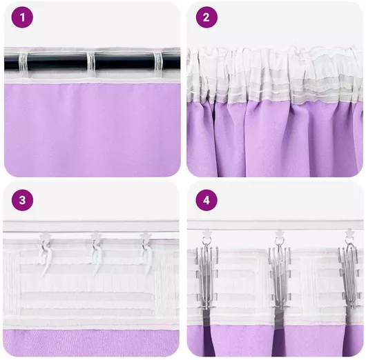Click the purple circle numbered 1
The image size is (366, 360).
coord(22,17)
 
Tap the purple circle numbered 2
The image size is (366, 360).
coord(206,17)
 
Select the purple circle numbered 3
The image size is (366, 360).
coord(22,200)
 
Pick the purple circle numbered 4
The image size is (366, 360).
coord(206,200)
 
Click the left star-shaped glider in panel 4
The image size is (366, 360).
coord(206,233)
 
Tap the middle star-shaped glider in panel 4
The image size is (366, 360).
coord(279,233)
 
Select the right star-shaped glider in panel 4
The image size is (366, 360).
coord(349,232)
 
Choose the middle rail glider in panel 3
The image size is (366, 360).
coord(95,236)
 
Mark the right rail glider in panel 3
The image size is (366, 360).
coord(145,236)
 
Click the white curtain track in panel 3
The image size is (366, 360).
coord(91,226)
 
